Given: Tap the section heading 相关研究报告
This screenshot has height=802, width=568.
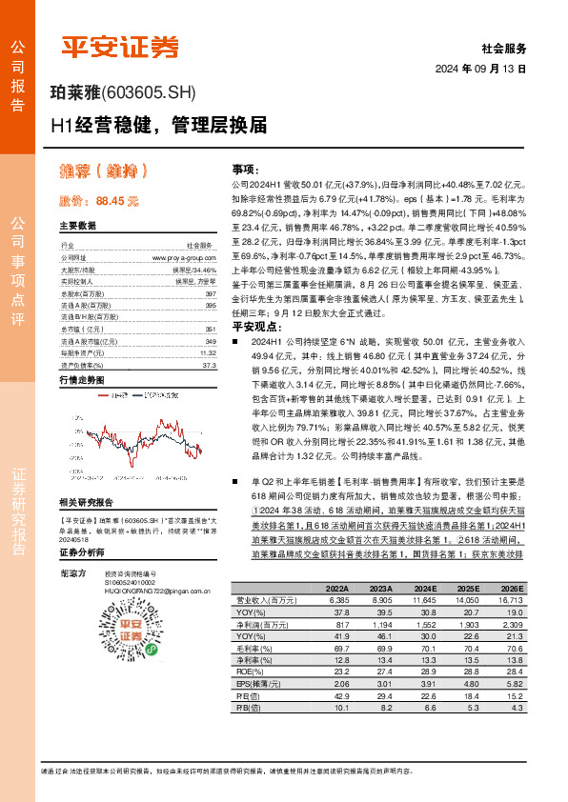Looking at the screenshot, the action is point(86,501).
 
